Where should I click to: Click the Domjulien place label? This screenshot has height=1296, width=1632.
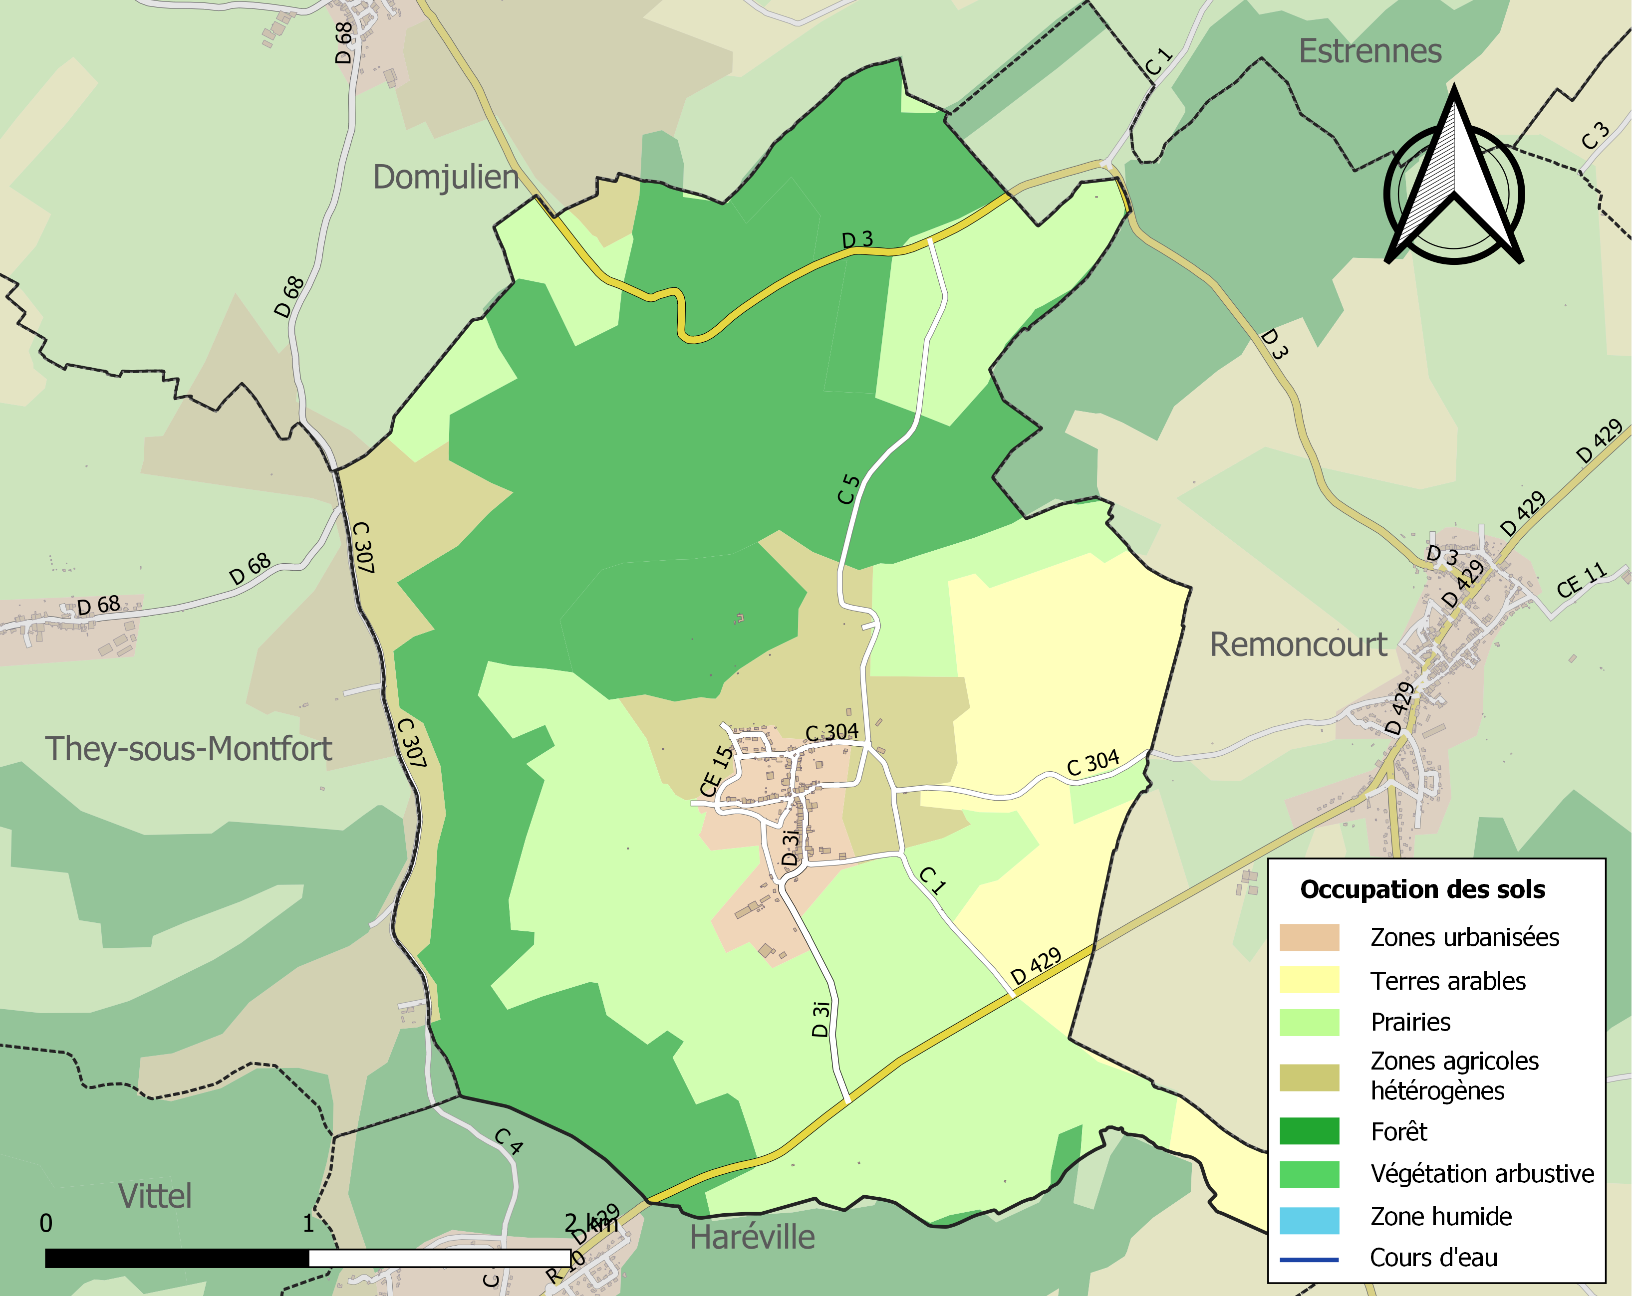pos(446,178)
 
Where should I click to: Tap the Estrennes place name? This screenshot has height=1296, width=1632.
pos(1370,51)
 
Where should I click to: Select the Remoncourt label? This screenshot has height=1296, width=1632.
pos(1298,645)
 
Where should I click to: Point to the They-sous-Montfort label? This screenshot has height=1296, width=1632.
pos(189,749)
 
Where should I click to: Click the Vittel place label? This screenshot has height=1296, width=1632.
pos(155,1196)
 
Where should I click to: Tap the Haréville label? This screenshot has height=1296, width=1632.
pos(753,1238)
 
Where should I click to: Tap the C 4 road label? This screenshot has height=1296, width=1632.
pos(509,1141)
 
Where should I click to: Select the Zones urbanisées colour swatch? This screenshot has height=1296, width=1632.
pos(1309,937)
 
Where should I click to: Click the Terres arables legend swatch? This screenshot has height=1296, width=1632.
pos(1309,981)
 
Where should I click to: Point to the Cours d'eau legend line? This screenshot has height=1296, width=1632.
pos(1309,1260)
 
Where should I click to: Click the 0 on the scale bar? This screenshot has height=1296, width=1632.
pos(46,1223)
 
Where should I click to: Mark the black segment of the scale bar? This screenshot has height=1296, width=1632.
pos(177,1258)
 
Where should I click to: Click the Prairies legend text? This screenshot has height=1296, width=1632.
pos(1410,1022)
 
